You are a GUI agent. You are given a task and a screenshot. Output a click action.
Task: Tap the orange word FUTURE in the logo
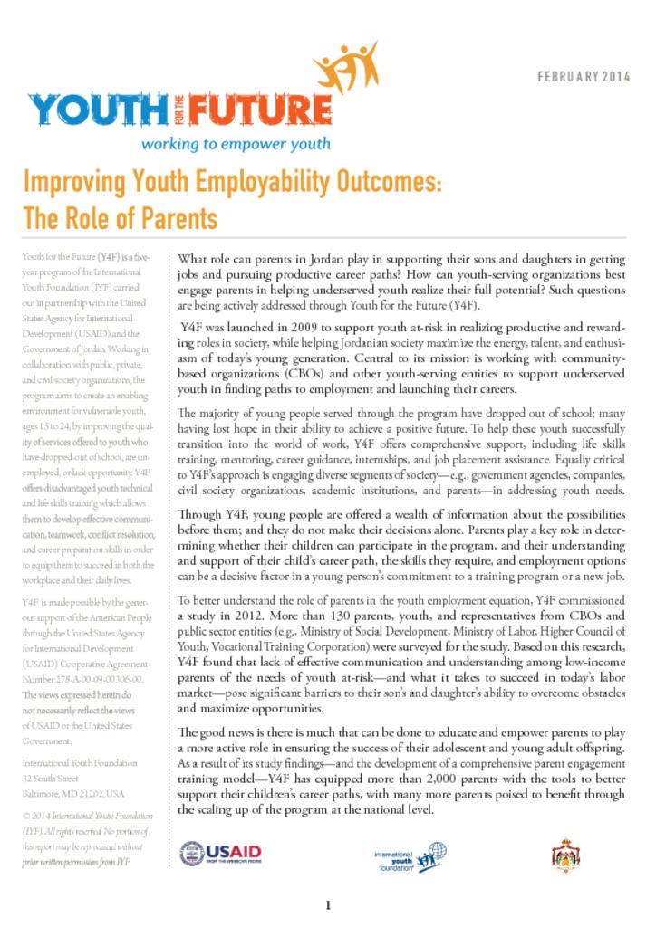(263, 112)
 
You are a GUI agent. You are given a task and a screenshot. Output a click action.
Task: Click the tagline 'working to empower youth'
(235, 144)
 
